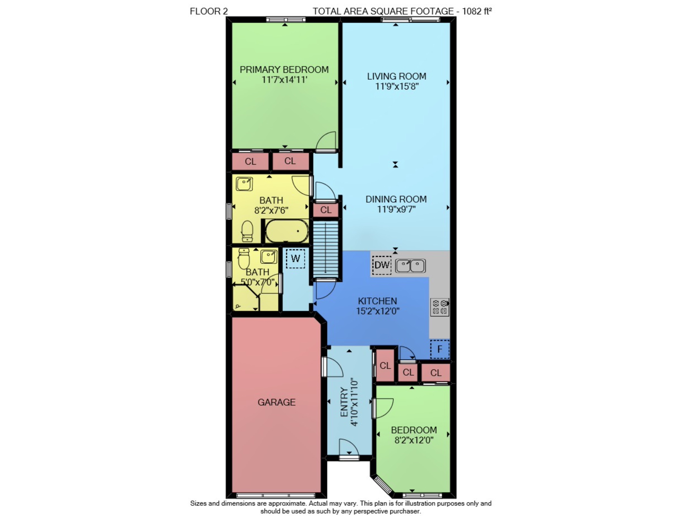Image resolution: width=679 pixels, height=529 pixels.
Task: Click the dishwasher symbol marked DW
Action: point(382,265)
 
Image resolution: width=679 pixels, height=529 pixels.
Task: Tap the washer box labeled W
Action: point(295,259)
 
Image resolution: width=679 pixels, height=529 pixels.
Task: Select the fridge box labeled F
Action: point(439,349)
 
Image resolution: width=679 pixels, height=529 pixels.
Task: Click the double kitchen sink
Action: point(411,266)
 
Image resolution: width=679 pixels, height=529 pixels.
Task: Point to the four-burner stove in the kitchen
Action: point(439,307)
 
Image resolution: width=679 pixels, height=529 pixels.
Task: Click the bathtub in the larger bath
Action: point(286,231)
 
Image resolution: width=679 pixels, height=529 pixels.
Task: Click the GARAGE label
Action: point(276,402)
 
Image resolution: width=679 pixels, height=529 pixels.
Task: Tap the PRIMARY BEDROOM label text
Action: point(284,70)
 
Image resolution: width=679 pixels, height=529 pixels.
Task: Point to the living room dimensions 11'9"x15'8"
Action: point(396,86)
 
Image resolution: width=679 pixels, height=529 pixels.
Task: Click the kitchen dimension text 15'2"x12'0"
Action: point(377,311)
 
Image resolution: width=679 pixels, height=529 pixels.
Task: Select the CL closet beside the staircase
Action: point(326,210)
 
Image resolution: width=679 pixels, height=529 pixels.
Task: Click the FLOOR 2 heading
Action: point(209,11)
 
